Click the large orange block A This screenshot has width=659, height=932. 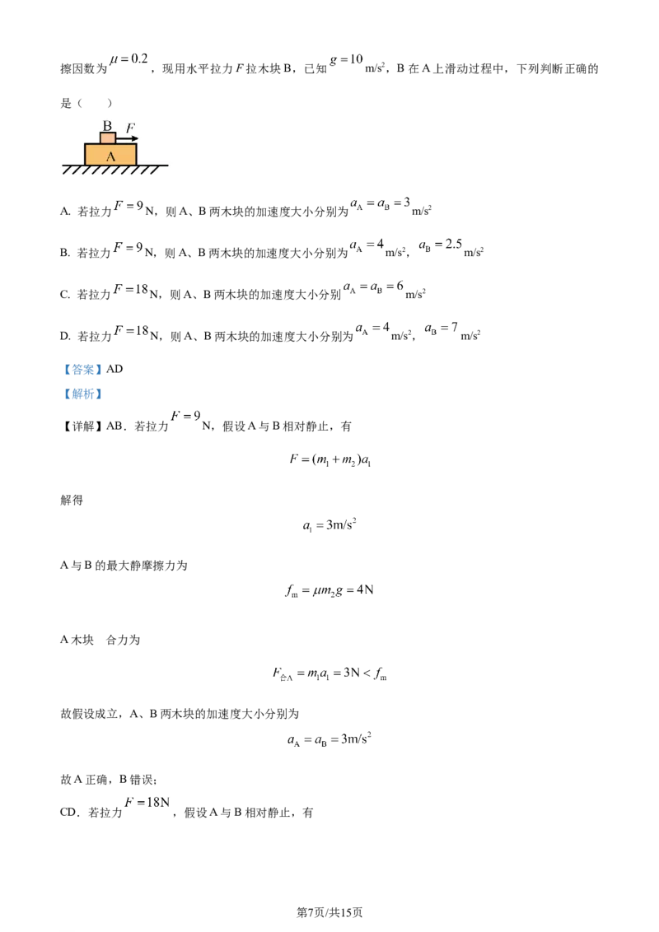tap(111, 155)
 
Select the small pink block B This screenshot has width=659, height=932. tap(107, 138)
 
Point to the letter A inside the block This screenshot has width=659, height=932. tap(111, 156)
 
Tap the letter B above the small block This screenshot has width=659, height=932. tap(107, 126)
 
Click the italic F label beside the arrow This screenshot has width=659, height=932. tap(130, 128)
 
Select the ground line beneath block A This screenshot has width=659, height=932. tap(115, 165)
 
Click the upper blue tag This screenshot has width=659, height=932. tap(82, 369)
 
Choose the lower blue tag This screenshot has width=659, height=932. tap(82, 394)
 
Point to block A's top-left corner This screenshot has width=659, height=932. tap(85, 145)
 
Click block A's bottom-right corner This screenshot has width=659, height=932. tap(138, 165)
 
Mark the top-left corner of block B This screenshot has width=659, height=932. tap(100, 133)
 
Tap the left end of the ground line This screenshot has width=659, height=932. tap(63, 165)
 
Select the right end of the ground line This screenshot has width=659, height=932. tap(168, 165)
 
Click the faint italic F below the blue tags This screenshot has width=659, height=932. tap(175, 417)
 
